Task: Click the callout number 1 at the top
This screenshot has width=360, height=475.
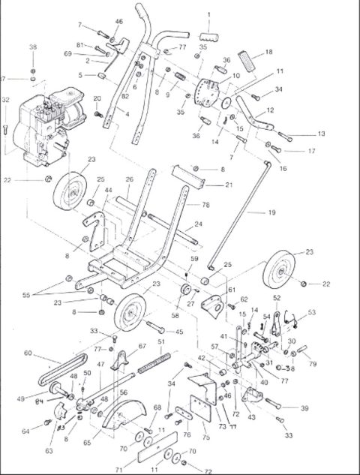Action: tap(208, 14)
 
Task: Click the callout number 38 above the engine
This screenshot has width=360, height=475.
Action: tap(32, 47)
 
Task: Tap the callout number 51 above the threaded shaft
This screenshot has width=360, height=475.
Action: tap(160, 341)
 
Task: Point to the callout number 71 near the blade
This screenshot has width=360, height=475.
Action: tap(118, 467)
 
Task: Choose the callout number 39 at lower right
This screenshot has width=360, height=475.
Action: tap(304, 408)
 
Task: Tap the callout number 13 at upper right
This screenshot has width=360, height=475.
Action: tap(321, 134)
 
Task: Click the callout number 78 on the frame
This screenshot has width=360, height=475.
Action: tap(205, 205)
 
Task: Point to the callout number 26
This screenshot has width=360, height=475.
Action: tap(129, 179)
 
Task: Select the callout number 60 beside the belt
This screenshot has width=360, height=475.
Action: tap(28, 353)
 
